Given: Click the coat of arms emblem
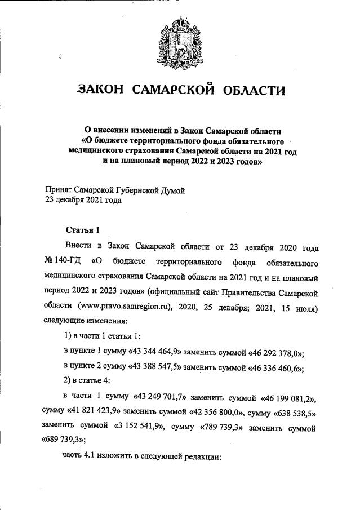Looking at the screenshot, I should point(181,38).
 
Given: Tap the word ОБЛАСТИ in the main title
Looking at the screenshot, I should point(253,90).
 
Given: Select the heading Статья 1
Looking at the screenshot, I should point(82,230).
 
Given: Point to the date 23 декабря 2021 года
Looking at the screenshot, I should point(83,200).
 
